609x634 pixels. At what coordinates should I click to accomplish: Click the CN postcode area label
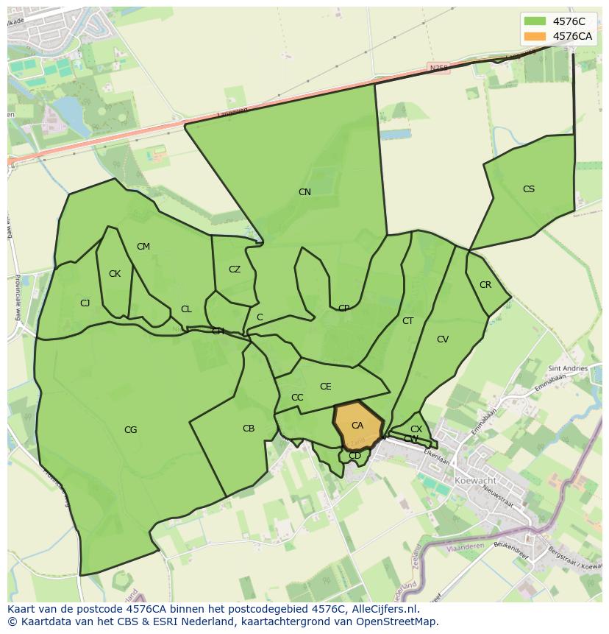[x=304, y=192]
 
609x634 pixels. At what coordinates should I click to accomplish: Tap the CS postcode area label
[x=529, y=189]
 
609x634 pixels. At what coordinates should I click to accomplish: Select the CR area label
[x=485, y=285]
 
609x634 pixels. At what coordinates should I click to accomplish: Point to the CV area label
[x=443, y=339]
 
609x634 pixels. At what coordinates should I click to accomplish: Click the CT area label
[x=408, y=321]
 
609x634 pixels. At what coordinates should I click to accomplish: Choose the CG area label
[x=130, y=430]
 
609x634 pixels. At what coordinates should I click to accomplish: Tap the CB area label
[x=249, y=429]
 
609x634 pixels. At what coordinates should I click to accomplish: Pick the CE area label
[x=326, y=387]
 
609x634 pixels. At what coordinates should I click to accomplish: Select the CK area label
[x=115, y=274]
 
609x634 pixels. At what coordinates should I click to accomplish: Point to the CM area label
[x=143, y=247]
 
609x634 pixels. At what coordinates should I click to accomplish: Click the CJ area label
[x=85, y=303]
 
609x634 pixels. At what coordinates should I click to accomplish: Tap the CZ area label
[x=235, y=270]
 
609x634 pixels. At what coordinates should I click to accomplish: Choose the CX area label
[x=416, y=429]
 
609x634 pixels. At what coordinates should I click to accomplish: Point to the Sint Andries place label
[x=569, y=368]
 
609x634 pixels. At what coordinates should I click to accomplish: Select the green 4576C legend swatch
[x=535, y=21]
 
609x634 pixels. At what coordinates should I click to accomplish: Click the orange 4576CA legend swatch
[x=535, y=36]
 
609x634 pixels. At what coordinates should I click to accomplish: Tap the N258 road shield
[x=439, y=68]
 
